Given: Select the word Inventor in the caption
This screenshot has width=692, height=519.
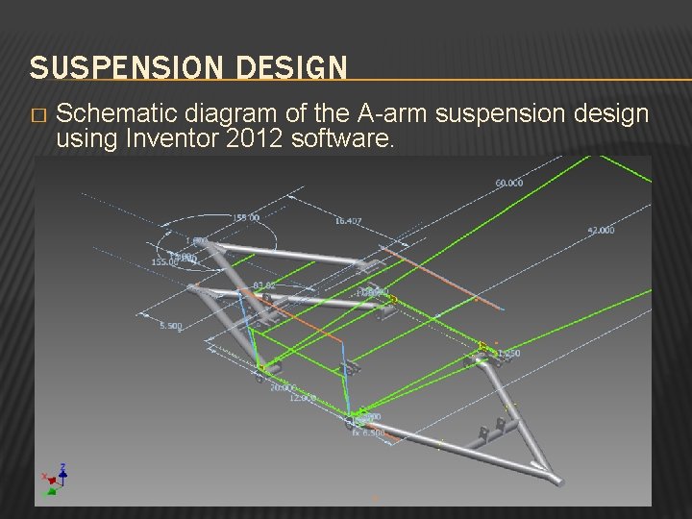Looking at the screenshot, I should click(x=170, y=139).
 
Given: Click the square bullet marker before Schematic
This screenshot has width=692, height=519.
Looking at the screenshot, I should click(x=37, y=116).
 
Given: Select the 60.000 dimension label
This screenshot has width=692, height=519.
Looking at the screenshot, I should click(x=509, y=183).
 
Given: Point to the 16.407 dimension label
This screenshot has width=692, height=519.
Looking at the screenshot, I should click(x=349, y=221).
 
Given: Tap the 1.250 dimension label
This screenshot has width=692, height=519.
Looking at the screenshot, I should click(x=508, y=354).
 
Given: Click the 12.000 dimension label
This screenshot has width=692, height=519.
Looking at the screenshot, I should click(x=304, y=397).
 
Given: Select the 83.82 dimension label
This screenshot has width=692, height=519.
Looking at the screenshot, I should click(x=264, y=285).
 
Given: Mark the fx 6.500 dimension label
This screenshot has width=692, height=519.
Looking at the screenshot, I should click(x=369, y=432).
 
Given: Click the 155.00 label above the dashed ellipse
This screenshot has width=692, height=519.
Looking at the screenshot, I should click(x=246, y=217).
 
